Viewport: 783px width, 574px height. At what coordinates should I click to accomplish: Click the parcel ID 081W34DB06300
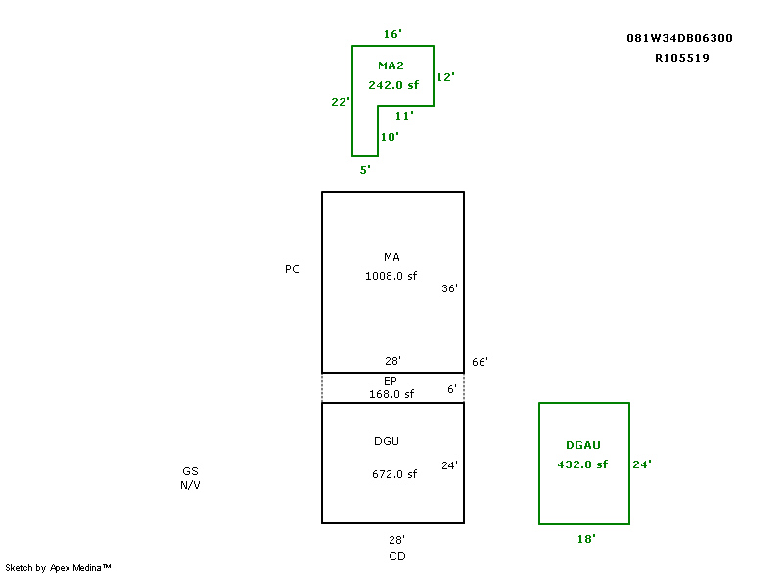679,38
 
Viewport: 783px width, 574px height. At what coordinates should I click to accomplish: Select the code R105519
682,58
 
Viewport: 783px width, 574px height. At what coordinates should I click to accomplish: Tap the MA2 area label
391,66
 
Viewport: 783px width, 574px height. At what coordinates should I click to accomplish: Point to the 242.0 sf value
393,85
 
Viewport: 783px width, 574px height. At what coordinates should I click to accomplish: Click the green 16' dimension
391,34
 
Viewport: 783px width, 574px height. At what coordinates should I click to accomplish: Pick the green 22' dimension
341,101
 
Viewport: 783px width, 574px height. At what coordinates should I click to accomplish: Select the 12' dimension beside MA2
445,76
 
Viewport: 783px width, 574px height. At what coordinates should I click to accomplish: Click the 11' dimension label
404,115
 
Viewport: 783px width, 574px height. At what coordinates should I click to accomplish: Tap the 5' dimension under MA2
365,169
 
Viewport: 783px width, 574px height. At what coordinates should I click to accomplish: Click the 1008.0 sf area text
391,276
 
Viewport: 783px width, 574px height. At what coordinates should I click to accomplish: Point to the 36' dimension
449,288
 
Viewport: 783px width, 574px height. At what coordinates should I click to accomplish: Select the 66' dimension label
480,362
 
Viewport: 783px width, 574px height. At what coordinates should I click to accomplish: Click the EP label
391,380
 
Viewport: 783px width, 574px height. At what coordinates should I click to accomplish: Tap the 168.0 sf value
391,394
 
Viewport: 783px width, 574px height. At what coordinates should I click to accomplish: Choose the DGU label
387,441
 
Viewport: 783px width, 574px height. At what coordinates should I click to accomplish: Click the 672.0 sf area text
394,474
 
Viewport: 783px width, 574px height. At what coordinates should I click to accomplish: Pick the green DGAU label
583,445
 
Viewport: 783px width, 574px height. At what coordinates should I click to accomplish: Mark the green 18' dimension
586,538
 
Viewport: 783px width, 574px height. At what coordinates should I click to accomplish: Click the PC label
293,269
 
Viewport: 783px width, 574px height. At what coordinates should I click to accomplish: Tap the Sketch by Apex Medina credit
58,567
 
